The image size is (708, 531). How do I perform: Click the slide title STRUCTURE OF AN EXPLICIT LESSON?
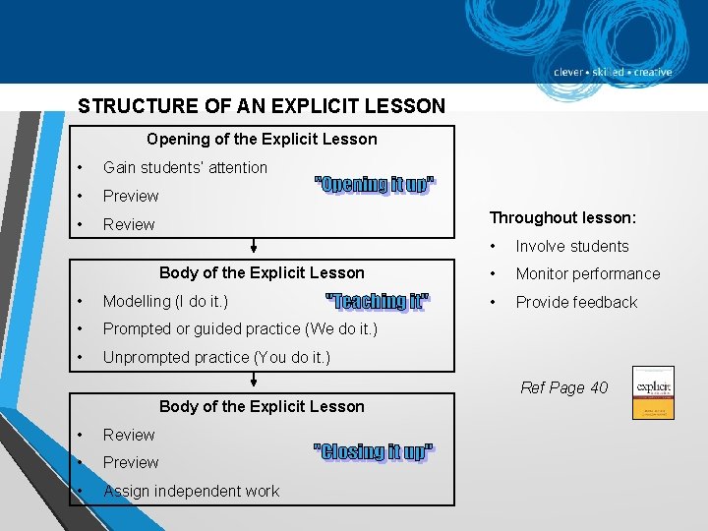pyautogui.click(x=262, y=105)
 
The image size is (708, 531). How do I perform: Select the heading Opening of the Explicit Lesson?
pyautogui.click(x=262, y=140)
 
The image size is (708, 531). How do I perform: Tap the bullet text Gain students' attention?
pyautogui.click(x=185, y=168)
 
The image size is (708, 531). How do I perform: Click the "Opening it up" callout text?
pyautogui.click(x=375, y=185)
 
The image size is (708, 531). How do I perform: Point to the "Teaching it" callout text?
pyautogui.click(x=378, y=301)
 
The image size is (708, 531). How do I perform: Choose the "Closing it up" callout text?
pyautogui.click(x=374, y=451)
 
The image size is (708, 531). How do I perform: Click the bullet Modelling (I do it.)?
pyautogui.click(x=165, y=301)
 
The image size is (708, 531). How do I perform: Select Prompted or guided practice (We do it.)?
pyautogui.click(x=240, y=329)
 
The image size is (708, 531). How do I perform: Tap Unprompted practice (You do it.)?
pyautogui.click(x=216, y=357)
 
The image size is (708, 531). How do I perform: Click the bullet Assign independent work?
pyautogui.click(x=191, y=491)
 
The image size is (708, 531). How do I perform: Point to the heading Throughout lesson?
pyautogui.click(x=563, y=218)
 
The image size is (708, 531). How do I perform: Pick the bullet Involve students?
pyautogui.click(x=572, y=247)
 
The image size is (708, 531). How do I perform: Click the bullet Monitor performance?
pyautogui.click(x=588, y=274)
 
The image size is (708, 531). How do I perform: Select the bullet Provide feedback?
pyautogui.click(x=576, y=303)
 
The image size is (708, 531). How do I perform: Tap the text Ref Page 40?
pyautogui.click(x=563, y=387)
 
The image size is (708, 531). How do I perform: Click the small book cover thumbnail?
pyautogui.click(x=653, y=392)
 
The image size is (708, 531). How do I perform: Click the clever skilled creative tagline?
pyautogui.click(x=613, y=72)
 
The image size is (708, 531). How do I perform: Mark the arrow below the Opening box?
pyautogui.click(x=254, y=246)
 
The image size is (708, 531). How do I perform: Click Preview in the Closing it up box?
pyautogui.click(x=131, y=462)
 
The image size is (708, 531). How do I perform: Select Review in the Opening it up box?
pyautogui.click(x=129, y=224)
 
